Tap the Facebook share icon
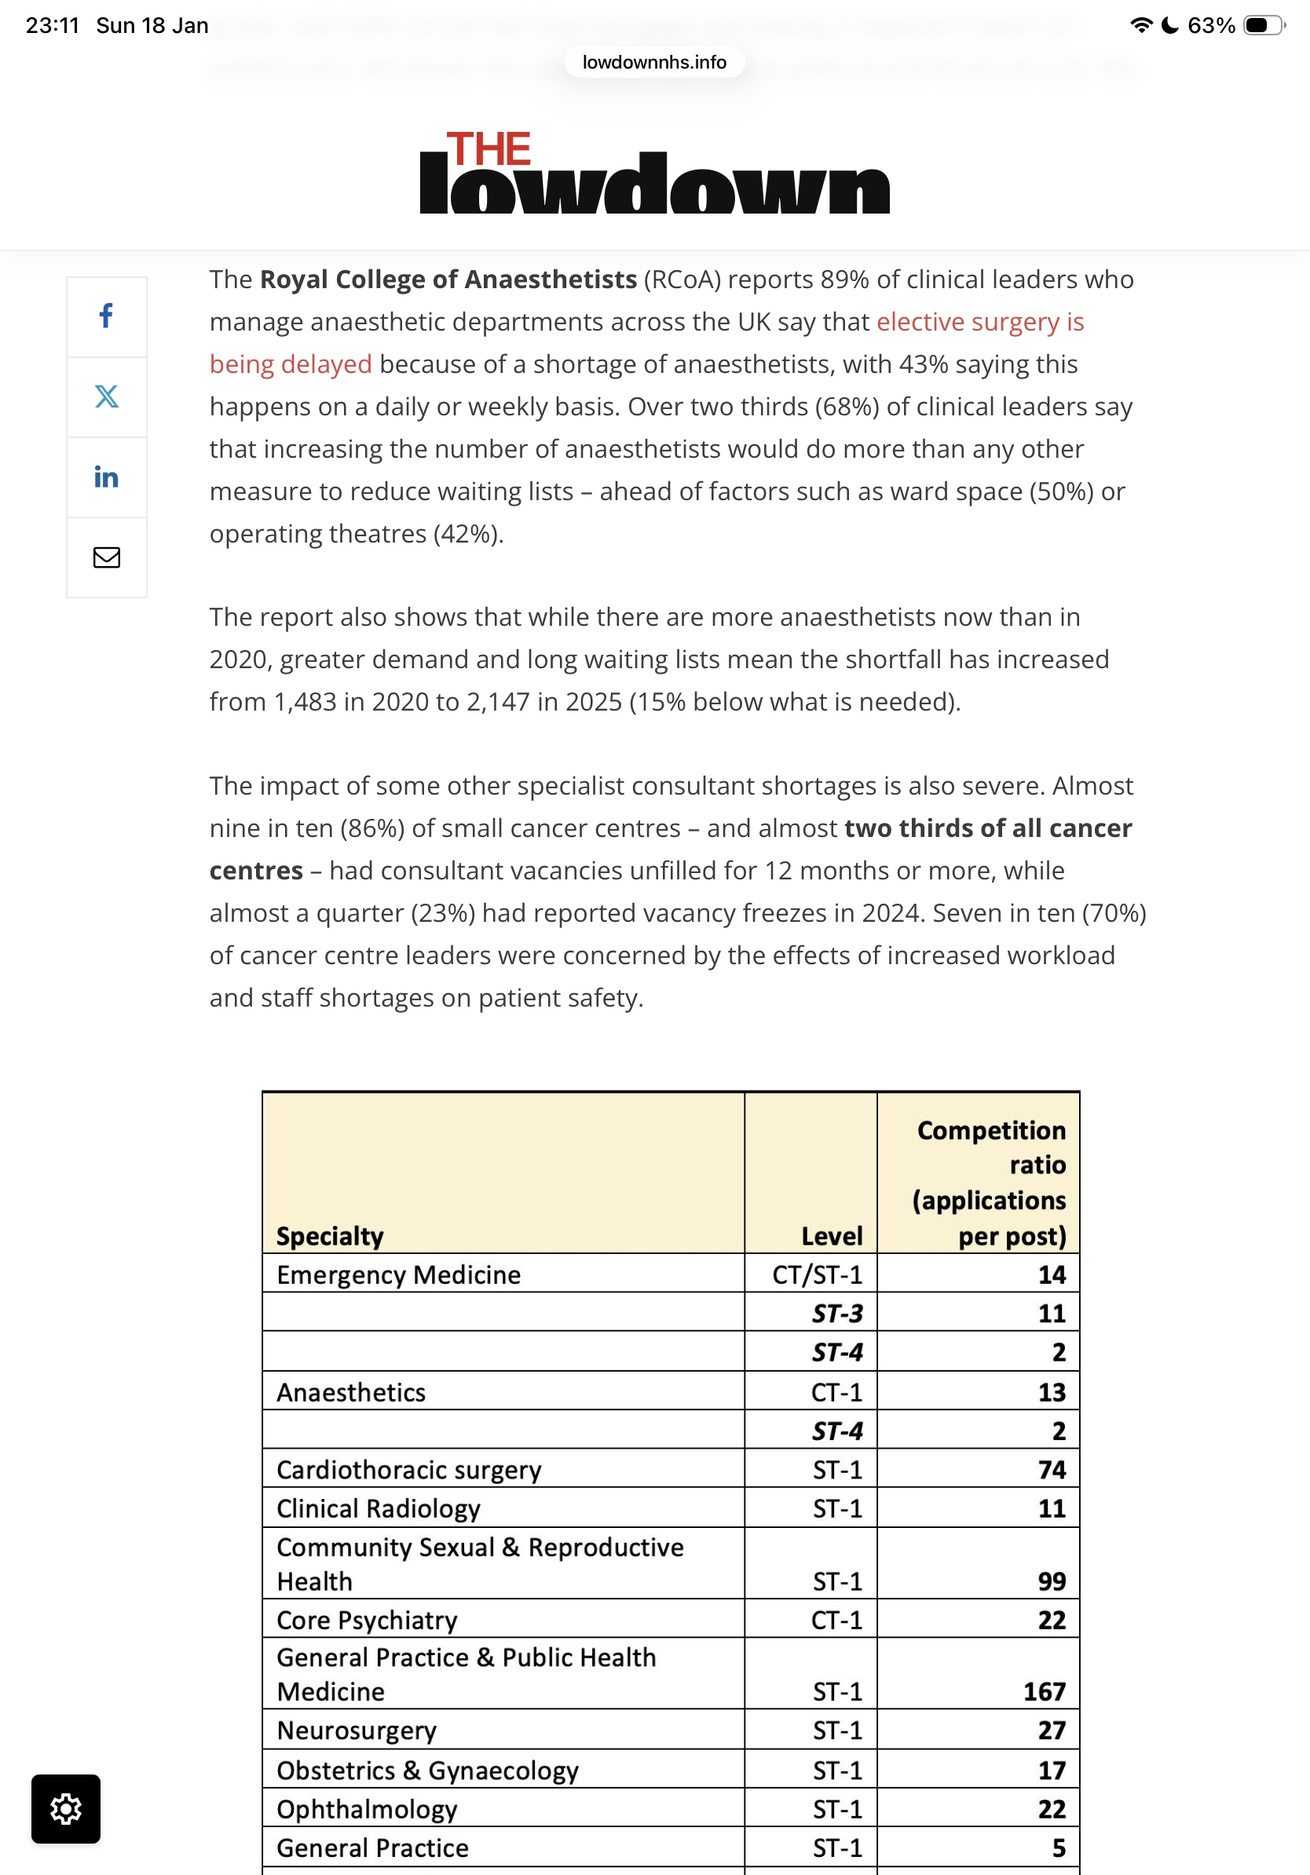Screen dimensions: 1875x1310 coord(106,316)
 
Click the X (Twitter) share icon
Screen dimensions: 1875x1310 coord(106,396)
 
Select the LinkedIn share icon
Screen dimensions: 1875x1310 coord(106,477)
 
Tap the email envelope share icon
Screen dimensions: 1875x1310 coord(106,557)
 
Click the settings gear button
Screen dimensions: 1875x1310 coord(66,1808)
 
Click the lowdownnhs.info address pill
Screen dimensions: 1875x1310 coord(654,62)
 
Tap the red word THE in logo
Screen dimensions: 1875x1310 coord(489,148)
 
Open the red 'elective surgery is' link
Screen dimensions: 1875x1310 coord(979,322)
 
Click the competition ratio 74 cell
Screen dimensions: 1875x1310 coord(1051,1469)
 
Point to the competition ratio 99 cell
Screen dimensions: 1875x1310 coord(1051,1581)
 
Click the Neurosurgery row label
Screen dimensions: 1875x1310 coord(357,1730)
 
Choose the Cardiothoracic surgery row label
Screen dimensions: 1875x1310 coord(408,1469)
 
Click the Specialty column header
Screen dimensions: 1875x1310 coord(330,1236)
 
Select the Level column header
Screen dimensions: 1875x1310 coord(832,1236)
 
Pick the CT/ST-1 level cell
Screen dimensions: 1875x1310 coord(817,1274)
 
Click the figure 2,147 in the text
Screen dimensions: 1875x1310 coord(497,701)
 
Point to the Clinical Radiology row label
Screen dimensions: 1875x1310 coord(378,1508)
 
